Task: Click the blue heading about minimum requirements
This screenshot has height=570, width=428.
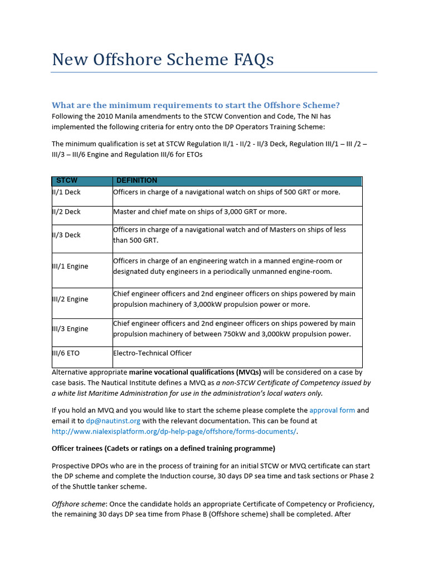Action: (196, 105)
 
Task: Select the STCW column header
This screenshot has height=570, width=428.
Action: (66, 181)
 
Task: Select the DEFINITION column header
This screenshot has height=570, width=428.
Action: (137, 181)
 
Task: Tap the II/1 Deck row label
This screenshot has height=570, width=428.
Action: (66, 192)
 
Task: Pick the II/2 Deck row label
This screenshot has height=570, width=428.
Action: (66, 212)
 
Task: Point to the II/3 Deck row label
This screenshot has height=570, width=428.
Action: (66, 235)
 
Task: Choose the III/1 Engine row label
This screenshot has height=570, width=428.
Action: (70, 266)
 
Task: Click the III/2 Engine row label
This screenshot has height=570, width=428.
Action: (70, 299)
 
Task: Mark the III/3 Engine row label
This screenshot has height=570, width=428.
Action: (70, 328)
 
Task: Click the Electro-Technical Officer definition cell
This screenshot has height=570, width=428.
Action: (152, 353)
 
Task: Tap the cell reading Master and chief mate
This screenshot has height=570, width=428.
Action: (200, 212)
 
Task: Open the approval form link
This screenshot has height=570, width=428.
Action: (332, 410)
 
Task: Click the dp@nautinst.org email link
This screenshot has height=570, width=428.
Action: (113, 421)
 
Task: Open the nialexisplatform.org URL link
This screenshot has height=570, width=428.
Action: (174, 431)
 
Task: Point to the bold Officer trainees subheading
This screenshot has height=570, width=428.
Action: (163, 449)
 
